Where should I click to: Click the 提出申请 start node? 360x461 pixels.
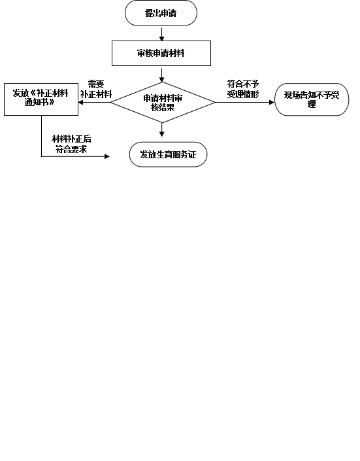click(161, 13)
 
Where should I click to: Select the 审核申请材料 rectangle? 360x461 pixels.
click(161, 53)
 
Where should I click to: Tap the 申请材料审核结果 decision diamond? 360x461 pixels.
click(163, 102)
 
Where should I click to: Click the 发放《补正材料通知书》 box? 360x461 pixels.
click(41, 99)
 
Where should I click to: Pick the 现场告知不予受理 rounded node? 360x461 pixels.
click(312, 99)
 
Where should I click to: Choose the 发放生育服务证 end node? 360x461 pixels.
click(168, 154)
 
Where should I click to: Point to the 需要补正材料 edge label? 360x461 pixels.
click(96, 89)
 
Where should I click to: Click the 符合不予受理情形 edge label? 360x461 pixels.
click(243, 89)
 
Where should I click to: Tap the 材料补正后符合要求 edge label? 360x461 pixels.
click(71, 144)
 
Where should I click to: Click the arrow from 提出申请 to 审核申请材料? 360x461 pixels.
click(161, 34)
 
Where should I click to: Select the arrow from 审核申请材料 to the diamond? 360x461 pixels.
click(161, 75)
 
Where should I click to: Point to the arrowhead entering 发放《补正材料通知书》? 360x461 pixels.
click(81, 102)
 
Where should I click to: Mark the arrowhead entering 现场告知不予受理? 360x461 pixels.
click(272, 102)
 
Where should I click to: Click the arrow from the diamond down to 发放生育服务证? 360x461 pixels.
click(161, 129)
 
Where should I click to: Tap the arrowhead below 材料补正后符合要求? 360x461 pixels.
click(107, 156)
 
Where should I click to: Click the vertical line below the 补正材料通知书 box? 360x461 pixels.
click(41, 136)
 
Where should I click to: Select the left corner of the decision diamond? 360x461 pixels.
click(110, 102)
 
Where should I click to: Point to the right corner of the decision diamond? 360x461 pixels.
click(215, 102)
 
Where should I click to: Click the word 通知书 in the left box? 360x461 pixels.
click(37, 102)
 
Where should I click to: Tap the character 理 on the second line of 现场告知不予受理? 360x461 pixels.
click(312, 104)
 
